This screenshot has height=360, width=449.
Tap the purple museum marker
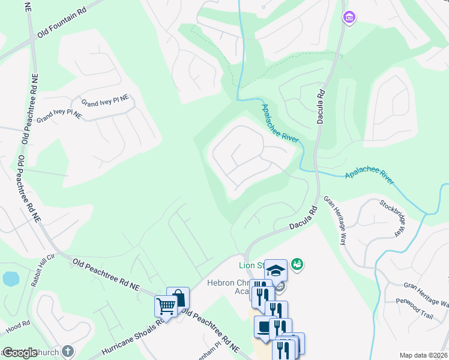pyautogui.click(x=349, y=18)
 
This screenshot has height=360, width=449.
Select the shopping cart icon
pyautogui.click(x=165, y=306)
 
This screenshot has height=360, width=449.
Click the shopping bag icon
pyautogui.click(x=178, y=297)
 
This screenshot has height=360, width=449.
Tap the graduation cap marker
pyautogui.click(x=276, y=270)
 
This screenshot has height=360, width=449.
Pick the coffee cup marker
pyautogui.click(x=265, y=327)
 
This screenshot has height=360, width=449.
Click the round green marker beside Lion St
pyautogui.click(x=297, y=264)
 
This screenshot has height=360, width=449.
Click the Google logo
pyautogui.click(x=19, y=353)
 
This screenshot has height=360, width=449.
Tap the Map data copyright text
pyautogui.click(x=424, y=355)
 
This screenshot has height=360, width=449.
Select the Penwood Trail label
pyautogui.click(x=414, y=299)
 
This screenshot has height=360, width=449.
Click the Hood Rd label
pyautogui.click(x=18, y=328)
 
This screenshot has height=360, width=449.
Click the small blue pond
pyautogui.click(x=10, y=279)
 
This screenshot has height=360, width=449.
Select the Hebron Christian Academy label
pyautogui.click(x=234, y=287)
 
